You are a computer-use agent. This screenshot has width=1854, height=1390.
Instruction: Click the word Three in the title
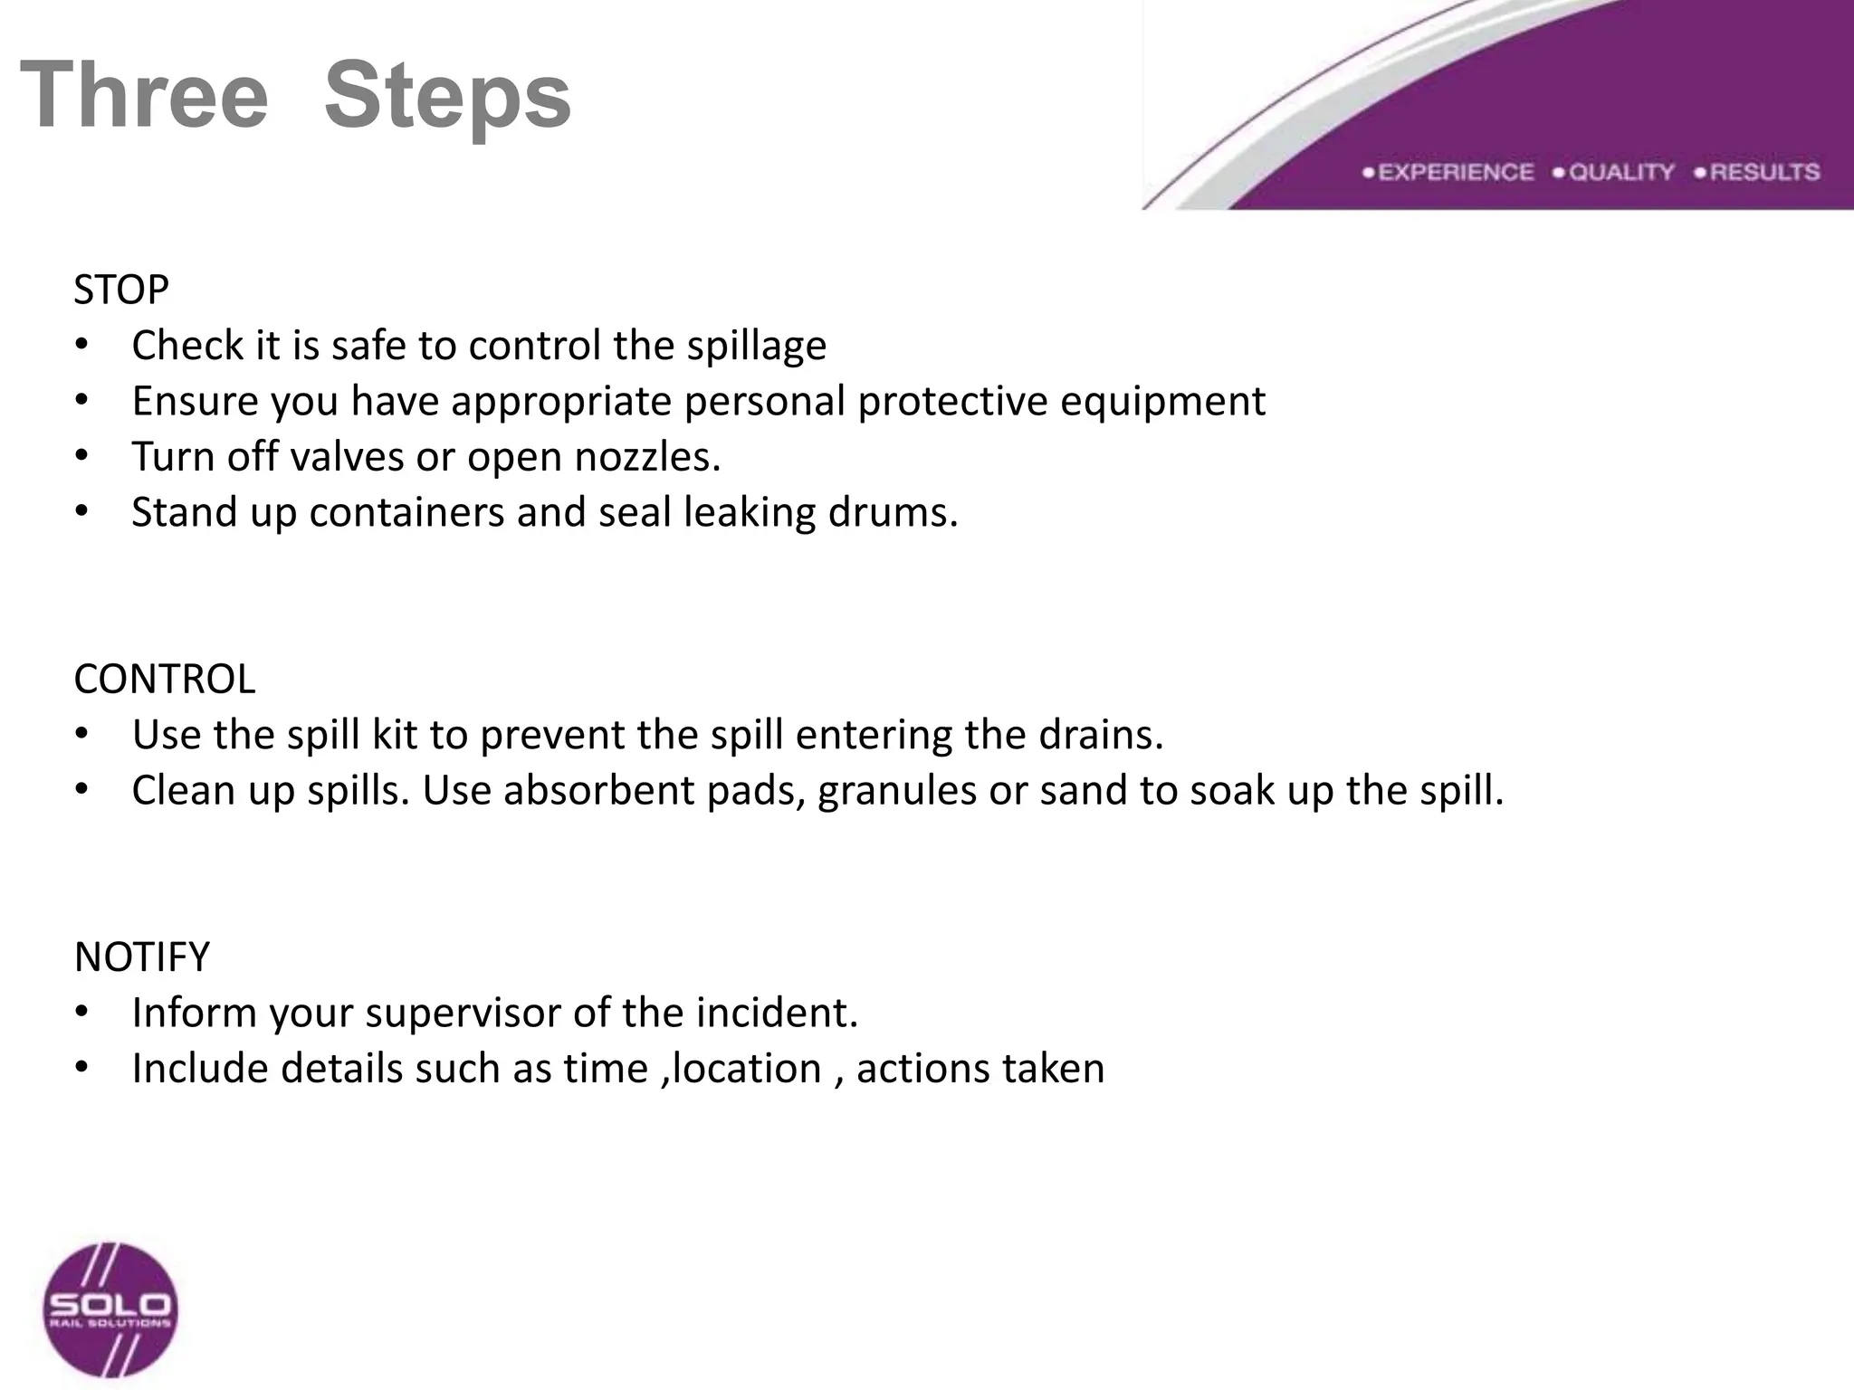click(144, 95)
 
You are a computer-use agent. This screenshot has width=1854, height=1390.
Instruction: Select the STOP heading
click(121, 290)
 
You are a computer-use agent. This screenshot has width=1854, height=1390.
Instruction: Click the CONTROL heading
click(165, 680)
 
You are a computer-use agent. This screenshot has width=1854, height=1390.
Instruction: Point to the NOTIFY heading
click(142, 957)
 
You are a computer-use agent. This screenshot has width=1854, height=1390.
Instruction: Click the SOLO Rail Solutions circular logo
click(110, 1310)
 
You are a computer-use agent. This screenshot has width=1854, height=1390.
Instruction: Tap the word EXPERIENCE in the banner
click(1456, 172)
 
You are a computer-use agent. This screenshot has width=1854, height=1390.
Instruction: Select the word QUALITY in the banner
click(1621, 172)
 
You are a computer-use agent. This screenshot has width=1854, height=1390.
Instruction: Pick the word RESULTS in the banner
click(1764, 172)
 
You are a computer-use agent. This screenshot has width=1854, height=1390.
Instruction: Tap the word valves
click(346, 457)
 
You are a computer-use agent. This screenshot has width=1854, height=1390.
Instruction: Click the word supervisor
click(462, 1014)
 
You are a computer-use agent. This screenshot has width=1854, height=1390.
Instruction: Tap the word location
click(747, 1069)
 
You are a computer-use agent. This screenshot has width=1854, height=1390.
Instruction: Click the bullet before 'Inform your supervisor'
click(82, 1013)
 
